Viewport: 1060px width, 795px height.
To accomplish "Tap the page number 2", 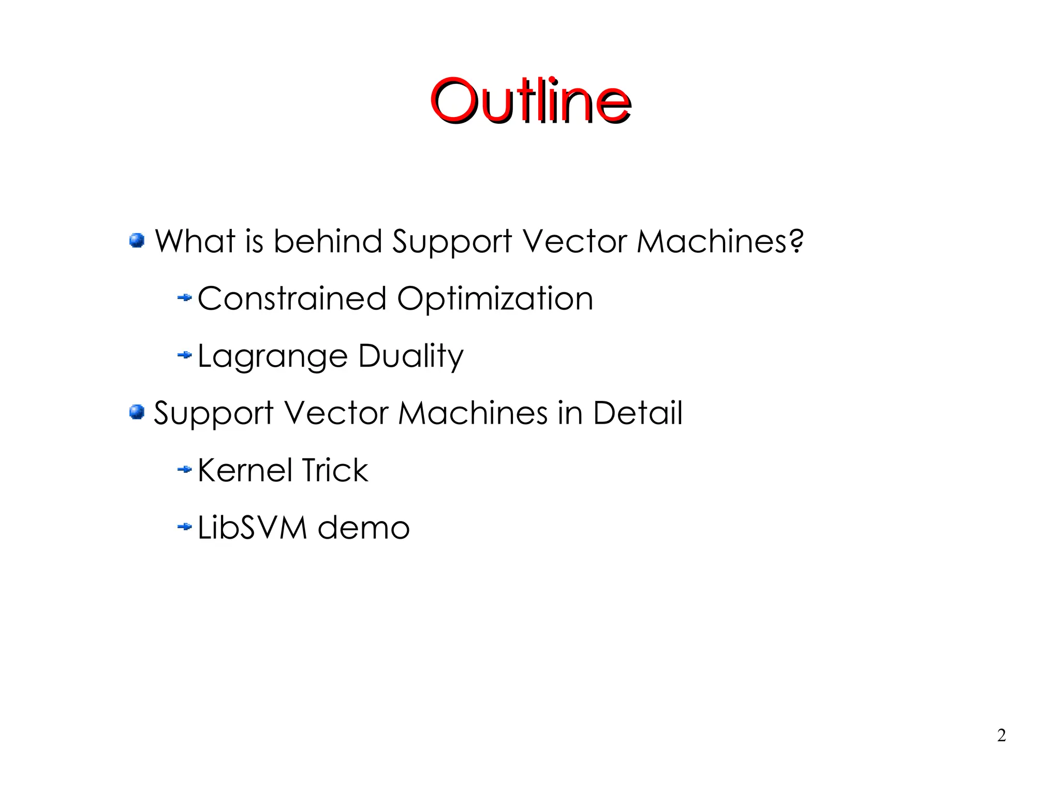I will tap(1002, 735).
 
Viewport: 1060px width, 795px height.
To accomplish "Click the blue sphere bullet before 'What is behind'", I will tap(137, 240).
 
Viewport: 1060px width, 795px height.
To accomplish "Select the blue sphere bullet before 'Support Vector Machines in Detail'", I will tap(137, 412).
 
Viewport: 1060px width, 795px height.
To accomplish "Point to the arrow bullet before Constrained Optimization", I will tap(184, 298).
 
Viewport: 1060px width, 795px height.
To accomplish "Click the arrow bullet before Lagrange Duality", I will tap(184, 355).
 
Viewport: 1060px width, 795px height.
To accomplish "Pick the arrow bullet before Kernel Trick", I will tap(184, 470).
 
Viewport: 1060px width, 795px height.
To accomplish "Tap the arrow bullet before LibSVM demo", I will tap(184, 527).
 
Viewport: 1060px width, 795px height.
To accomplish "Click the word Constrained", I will tap(292, 299).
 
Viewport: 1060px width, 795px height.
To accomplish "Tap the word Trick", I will tap(334, 470).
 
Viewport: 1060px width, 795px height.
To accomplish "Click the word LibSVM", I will tap(252, 528).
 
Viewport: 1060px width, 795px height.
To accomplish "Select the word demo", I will tap(363, 528).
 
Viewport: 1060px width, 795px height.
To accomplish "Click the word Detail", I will tap(638, 413).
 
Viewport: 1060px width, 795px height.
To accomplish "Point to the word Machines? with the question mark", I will tap(720, 241).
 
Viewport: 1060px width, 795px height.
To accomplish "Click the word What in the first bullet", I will tap(196, 241).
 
